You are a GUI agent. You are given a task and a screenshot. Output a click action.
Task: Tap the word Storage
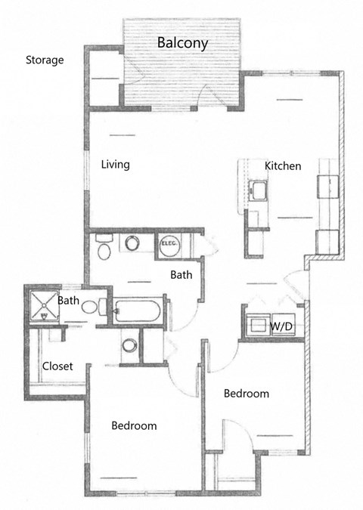tap(45, 60)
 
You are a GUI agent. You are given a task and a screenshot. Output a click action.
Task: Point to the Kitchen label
tap(283, 165)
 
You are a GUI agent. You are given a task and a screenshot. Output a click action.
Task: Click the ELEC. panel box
tap(168, 245)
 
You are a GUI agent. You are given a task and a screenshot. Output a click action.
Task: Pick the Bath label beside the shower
tap(70, 301)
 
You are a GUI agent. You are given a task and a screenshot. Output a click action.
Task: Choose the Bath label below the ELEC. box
tap(181, 275)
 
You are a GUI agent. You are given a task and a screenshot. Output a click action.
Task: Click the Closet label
tap(57, 366)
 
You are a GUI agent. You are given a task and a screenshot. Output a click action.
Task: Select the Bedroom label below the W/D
tap(247, 394)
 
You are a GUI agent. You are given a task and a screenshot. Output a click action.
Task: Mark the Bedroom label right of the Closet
tap(134, 425)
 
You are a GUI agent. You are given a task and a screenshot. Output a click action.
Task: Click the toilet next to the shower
tap(90, 308)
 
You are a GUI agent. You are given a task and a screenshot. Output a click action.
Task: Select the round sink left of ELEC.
tap(133, 244)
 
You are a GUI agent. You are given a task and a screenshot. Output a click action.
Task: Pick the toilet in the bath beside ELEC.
tap(104, 247)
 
